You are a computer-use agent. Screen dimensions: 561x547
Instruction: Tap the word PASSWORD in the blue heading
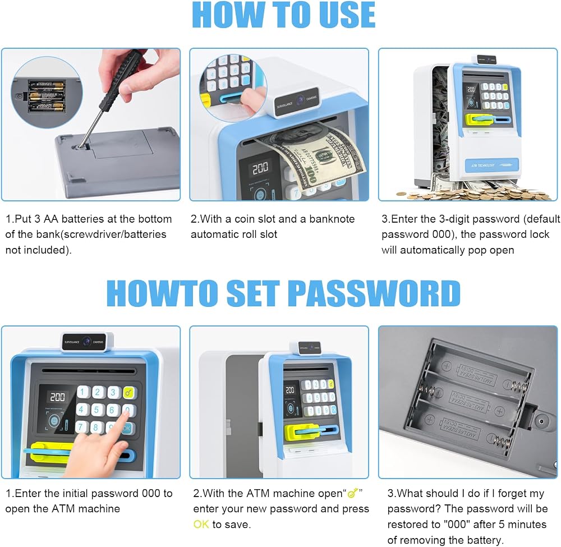[374, 293]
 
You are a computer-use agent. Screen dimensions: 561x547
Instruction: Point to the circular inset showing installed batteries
[47, 92]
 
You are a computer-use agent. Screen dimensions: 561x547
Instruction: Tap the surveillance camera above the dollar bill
[297, 101]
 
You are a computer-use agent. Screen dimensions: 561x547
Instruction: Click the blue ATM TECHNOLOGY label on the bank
[491, 166]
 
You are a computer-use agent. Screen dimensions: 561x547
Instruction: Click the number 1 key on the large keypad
[82, 392]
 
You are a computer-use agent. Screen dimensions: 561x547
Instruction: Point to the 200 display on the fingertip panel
[57, 397]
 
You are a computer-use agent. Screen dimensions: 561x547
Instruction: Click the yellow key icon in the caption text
[353, 493]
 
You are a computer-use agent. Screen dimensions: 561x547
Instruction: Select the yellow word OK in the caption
[201, 525]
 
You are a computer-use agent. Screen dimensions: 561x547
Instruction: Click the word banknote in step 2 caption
[332, 219]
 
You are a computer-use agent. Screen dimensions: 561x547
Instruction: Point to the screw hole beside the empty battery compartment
[541, 421]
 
